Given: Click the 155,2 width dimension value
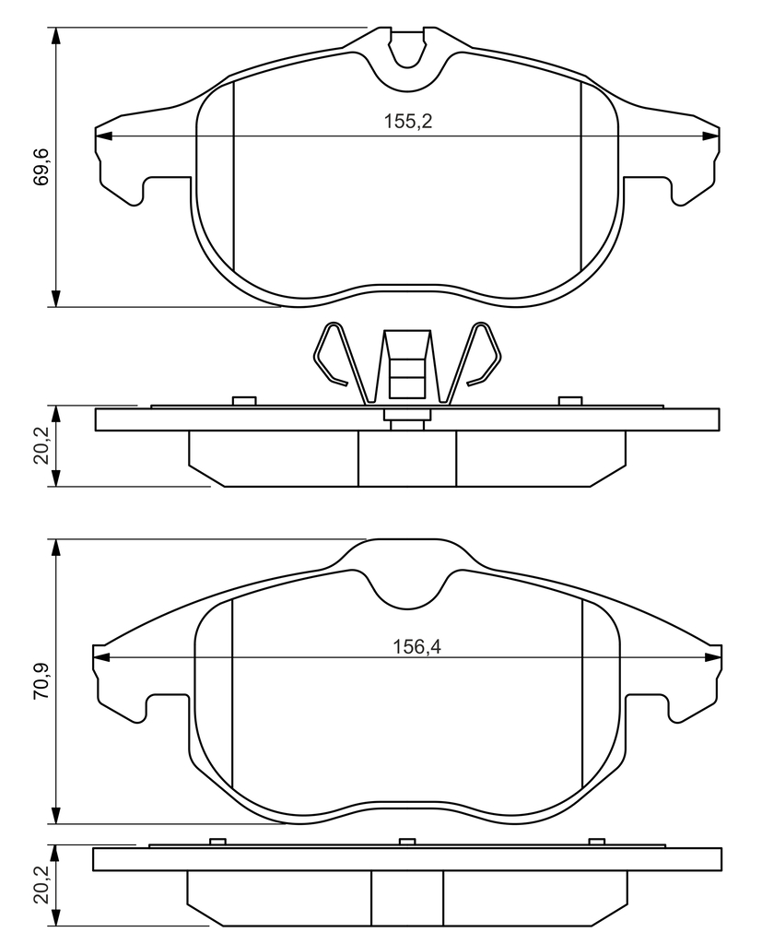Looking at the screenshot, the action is pos(408,122).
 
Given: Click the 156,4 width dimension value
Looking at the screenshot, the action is pos(417,646).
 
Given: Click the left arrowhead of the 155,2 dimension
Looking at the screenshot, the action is pos(104,136).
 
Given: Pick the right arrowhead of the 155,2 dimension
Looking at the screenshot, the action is pos(710,136).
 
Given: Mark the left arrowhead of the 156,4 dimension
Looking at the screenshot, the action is pos(101,657).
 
